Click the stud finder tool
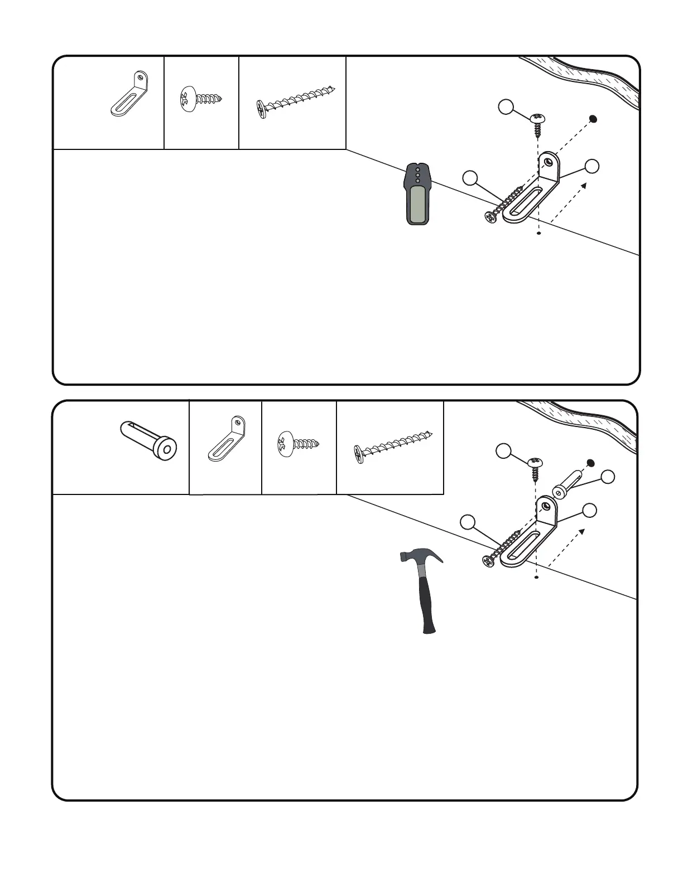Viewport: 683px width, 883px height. (x=417, y=194)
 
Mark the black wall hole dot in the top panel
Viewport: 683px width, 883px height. (x=594, y=119)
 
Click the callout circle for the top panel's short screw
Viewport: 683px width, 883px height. (x=506, y=108)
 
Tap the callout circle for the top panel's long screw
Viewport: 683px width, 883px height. (x=470, y=178)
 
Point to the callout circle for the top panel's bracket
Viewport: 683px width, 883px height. (x=592, y=166)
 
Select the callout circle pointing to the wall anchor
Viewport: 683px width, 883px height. (x=608, y=477)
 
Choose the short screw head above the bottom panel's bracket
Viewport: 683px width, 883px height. (x=536, y=462)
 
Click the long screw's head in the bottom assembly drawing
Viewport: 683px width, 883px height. (x=489, y=561)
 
